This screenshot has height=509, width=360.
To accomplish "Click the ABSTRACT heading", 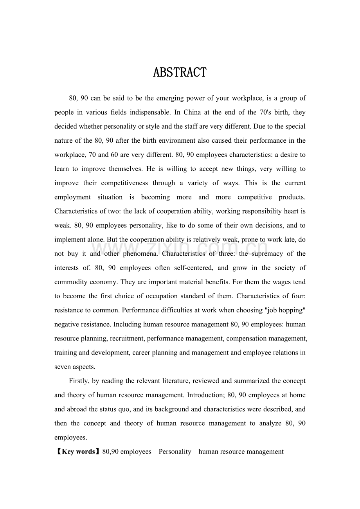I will click(x=180, y=73).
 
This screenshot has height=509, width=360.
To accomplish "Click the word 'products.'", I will click(x=292, y=197).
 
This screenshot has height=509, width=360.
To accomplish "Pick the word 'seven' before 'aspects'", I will click(x=63, y=367).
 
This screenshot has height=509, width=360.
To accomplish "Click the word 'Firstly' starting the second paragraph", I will click(x=79, y=381).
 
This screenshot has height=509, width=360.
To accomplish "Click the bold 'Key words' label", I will click(x=79, y=452).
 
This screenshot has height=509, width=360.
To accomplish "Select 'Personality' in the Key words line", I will click(x=175, y=452).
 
